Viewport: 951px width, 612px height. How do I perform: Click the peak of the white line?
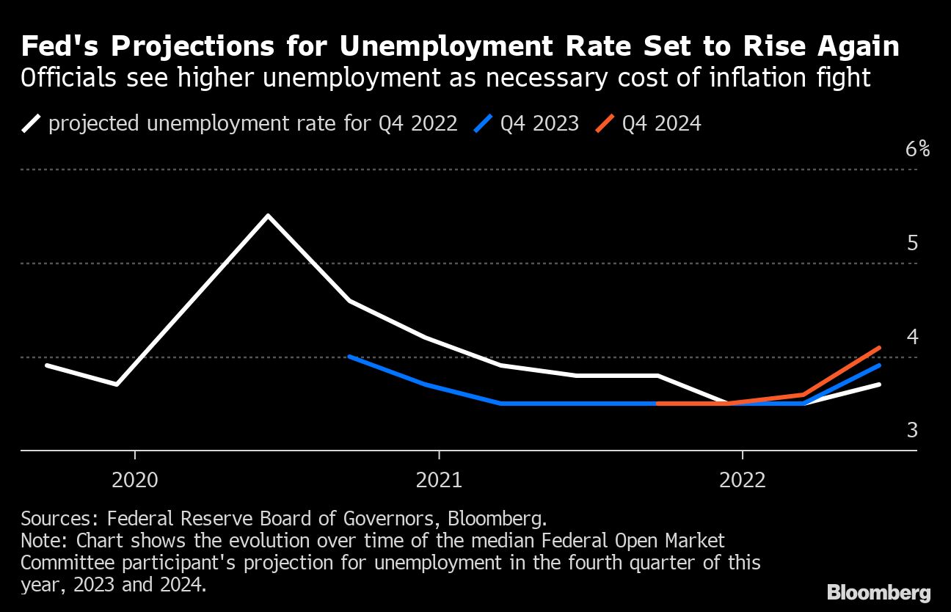point(268,216)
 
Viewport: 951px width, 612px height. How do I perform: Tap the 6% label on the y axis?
point(917,149)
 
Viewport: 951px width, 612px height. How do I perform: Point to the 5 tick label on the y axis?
point(912,243)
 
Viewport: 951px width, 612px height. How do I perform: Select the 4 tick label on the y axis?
point(912,337)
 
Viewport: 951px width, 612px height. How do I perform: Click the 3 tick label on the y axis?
point(912,430)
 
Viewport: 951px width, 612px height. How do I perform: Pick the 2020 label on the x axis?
point(135,481)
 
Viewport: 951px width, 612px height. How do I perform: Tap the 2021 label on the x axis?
point(439,481)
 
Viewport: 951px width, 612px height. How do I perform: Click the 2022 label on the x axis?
point(743,481)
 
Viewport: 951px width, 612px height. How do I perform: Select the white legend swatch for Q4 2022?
point(31,123)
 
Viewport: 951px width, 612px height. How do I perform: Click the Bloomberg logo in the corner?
point(878,593)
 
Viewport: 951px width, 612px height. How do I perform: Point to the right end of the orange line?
point(879,348)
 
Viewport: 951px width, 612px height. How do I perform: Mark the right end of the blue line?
point(879,365)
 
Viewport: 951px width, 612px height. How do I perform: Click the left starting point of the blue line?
point(349,357)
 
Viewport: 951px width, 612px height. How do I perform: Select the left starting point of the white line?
point(46,365)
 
